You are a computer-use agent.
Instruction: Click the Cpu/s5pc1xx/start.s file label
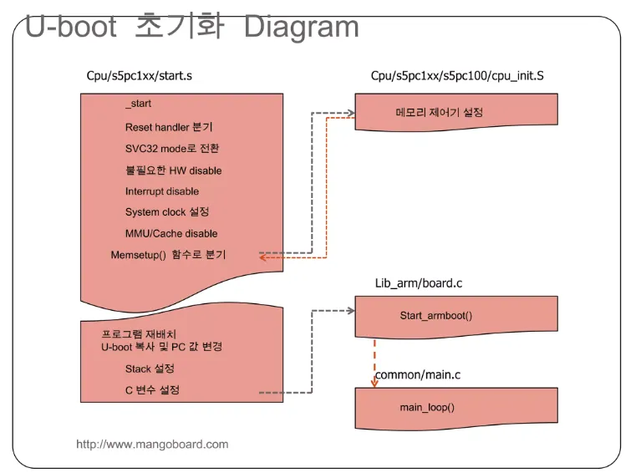[x=140, y=76]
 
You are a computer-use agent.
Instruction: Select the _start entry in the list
[x=138, y=104]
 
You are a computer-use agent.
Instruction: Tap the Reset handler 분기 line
[x=169, y=127]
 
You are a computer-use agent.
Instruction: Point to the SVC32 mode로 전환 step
[x=173, y=148]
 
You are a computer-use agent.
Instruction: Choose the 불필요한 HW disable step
[x=173, y=170]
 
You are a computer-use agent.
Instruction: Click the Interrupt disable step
[x=162, y=191]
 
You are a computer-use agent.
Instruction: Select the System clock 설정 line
[x=167, y=212]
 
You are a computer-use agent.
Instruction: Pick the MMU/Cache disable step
[x=170, y=233]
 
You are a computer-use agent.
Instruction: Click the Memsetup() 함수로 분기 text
[x=168, y=254]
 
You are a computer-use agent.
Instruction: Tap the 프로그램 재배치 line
[x=133, y=333]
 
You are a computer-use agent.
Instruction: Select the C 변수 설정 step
[x=152, y=389]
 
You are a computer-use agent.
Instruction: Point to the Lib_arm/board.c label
[x=419, y=283]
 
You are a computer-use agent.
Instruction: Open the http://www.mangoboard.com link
[x=152, y=444]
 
